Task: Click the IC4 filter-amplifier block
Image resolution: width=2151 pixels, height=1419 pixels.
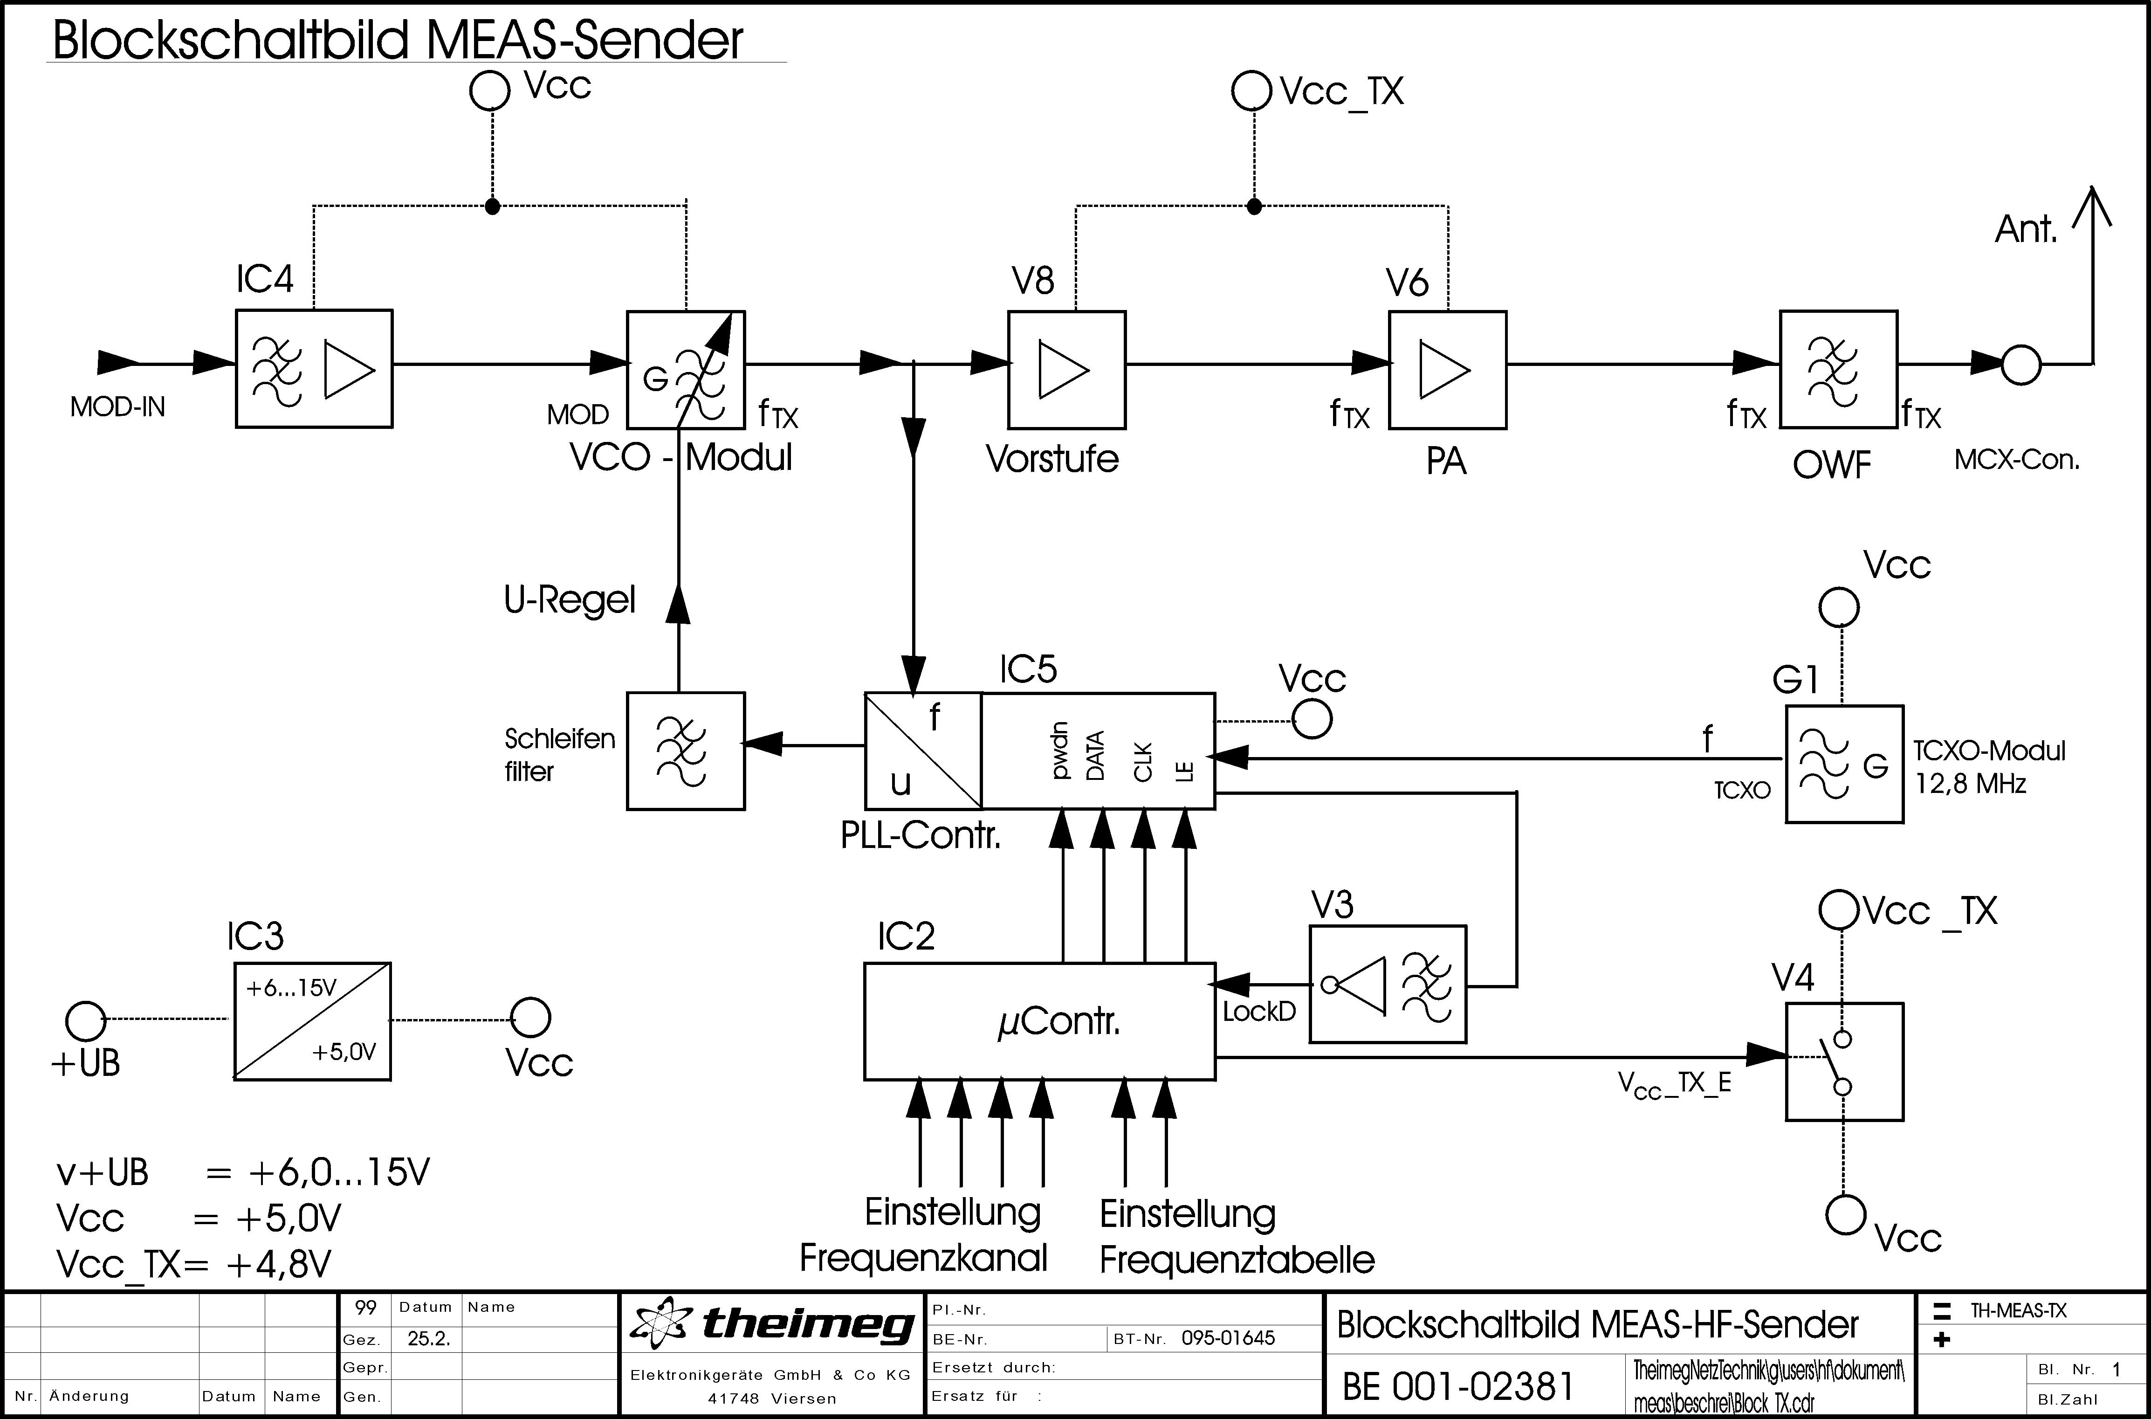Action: click(x=314, y=368)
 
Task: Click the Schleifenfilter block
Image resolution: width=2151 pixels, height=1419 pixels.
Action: click(x=685, y=751)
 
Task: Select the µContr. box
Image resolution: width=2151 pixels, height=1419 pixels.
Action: click(x=1039, y=1021)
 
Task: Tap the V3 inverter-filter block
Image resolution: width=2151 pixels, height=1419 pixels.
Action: click(x=1387, y=985)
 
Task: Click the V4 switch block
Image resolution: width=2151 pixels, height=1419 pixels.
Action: click(x=1844, y=1061)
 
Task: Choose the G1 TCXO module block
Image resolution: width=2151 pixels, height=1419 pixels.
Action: click(x=1844, y=765)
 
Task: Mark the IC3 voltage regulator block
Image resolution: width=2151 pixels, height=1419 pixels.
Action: click(x=312, y=1021)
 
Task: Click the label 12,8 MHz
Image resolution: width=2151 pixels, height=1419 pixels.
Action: click(x=1970, y=784)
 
